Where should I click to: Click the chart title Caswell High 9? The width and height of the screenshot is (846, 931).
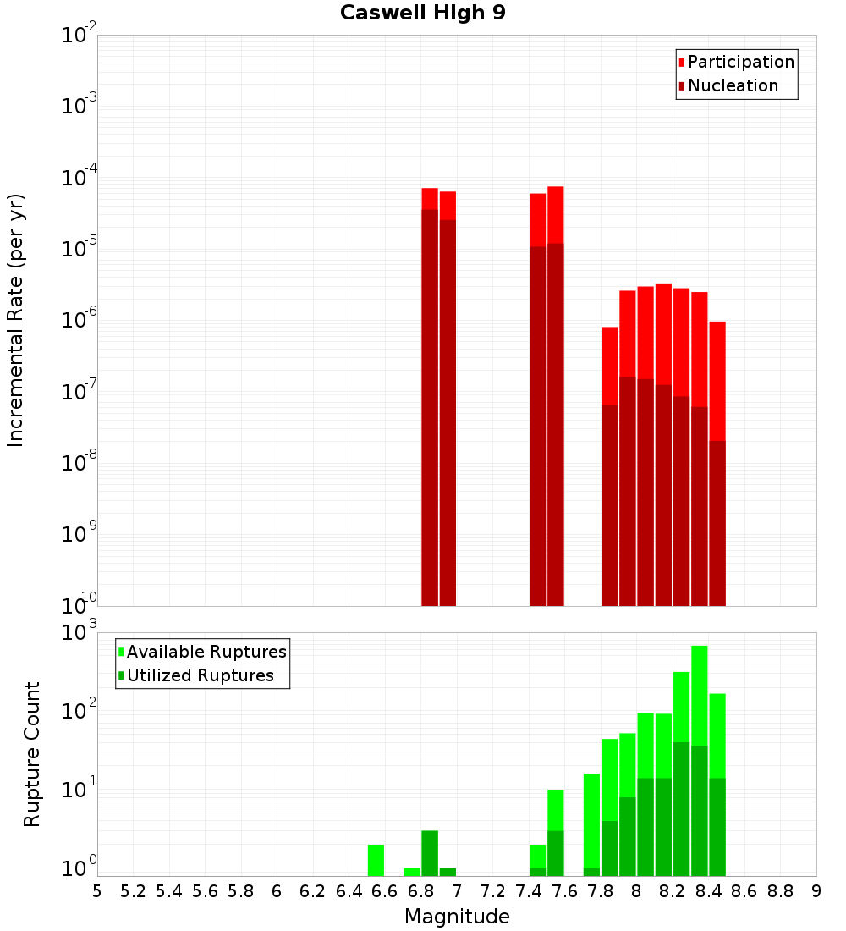pos(423,14)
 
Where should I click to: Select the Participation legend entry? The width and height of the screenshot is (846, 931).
pos(741,62)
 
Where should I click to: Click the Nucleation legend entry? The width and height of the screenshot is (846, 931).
pos(733,85)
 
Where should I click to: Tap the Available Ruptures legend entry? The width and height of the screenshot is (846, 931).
pos(206,652)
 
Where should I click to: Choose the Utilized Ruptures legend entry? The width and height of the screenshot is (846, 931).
pos(200,675)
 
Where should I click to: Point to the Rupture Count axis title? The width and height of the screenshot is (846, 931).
pos(32,754)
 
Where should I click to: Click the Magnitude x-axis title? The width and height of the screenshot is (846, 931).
pos(457,917)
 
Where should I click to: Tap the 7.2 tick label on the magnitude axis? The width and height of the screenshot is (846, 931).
pos(492,891)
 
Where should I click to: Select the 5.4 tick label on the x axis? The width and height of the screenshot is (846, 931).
pos(169,891)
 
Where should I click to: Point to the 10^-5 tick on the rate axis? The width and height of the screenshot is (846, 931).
pos(80,249)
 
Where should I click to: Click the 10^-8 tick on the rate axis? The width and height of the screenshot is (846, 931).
pos(80,463)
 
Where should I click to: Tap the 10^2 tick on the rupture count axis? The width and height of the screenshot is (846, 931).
pos(80,709)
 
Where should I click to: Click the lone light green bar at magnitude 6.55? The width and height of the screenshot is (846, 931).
pos(376,860)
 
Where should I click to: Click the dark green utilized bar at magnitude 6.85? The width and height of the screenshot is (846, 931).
pos(430,853)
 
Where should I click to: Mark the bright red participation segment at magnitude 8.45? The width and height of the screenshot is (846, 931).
pos(717,381)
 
